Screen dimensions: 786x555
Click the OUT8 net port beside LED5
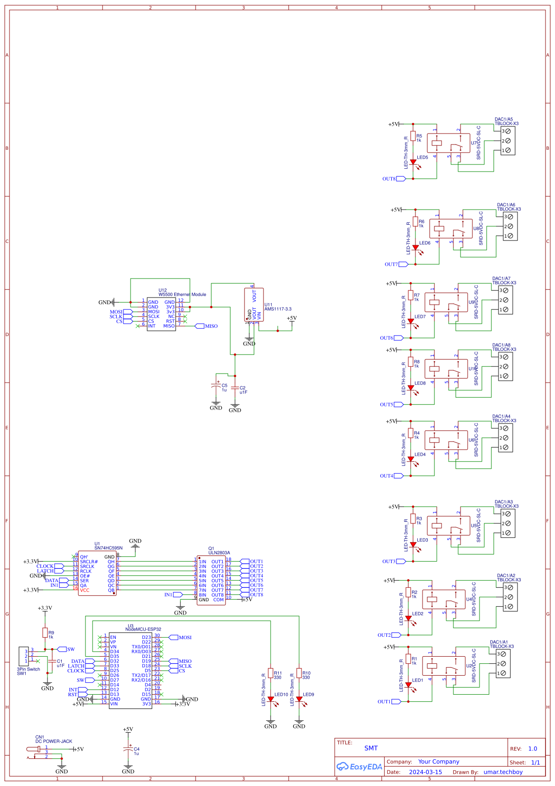pos(400,179)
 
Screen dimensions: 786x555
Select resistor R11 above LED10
pos(271,673)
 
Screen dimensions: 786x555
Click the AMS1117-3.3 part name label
pos(278,309)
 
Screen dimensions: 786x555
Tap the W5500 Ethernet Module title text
pos(182,295)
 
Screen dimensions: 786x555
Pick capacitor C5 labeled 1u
pos(216,387)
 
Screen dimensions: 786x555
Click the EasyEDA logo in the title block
pos(359,767)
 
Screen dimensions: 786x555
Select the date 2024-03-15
pos(425,772)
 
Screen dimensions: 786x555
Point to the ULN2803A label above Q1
pos(219,553)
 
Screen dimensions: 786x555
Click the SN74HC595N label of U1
pos(108,548)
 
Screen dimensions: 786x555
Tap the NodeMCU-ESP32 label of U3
pos(143,629)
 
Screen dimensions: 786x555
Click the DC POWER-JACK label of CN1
pos(54,741)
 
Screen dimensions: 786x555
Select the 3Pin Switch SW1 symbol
pos(23,656)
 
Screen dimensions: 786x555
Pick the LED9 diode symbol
pos(299,700)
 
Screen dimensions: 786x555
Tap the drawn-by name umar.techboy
pos(503,772)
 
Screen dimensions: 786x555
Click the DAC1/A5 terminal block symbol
pos(508,141)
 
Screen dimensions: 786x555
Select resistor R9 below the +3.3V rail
pos(45,633)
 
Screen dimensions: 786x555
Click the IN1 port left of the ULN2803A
pos(178,594)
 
